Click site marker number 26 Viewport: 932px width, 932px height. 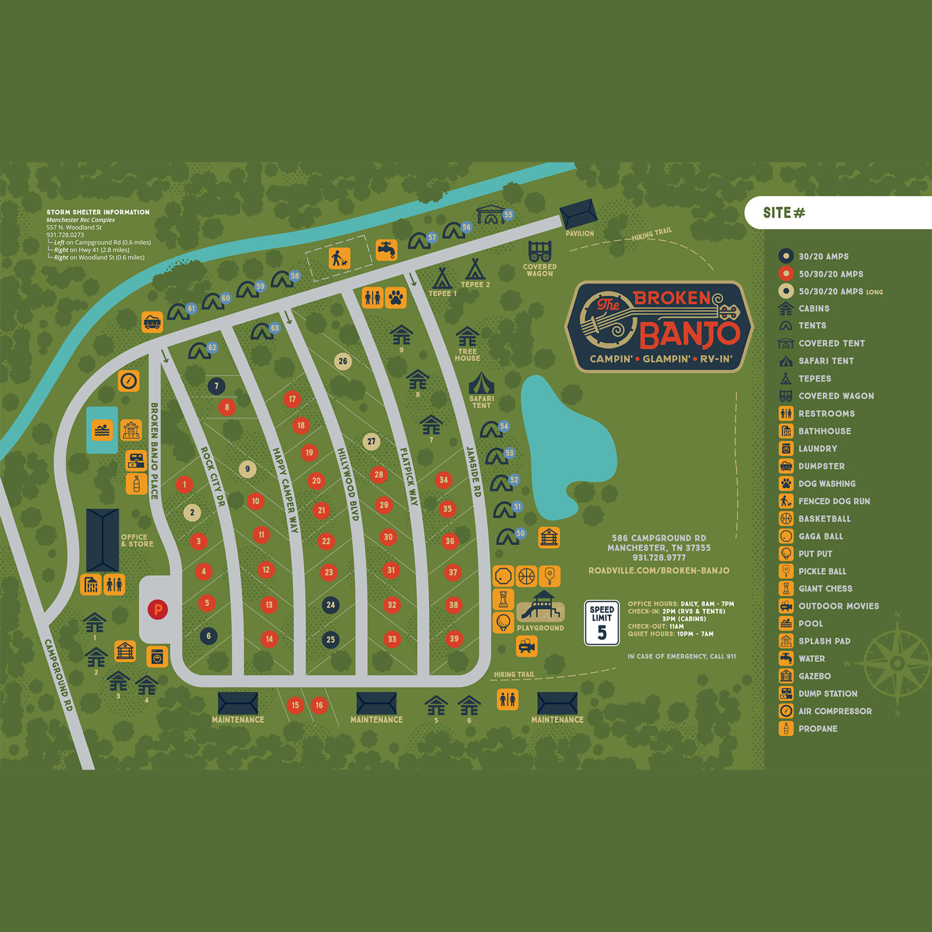[x=343, y=361]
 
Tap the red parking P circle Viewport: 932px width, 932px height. [x=158, y=609]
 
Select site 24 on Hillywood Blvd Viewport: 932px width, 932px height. [x=330, y=604]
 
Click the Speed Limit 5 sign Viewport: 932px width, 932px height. [x=602, y=623]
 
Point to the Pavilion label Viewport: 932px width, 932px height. [x=579, y=233]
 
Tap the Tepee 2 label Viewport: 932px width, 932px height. [x=475, y=284]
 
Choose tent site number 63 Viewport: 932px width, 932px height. [x=274, y=329]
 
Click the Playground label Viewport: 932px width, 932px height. [x=540, y=628]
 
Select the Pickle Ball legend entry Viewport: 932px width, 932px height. [x=822, y=571]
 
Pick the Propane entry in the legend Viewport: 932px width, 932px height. [x=818, y=729]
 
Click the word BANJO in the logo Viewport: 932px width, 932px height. [x=689, y=334]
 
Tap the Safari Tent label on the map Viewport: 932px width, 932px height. [x=481, y=402]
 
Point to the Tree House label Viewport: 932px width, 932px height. [x=467, y=355]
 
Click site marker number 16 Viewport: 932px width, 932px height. [x=319, y=705]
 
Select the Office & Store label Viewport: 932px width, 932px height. [x=137, y=540]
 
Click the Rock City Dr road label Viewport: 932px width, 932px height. [x=213, y=476]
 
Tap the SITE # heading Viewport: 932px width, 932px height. [x=784, y=213]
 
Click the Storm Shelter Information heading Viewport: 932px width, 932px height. [x=98, y=212]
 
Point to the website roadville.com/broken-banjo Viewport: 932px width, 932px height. [x=658, y=571]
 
